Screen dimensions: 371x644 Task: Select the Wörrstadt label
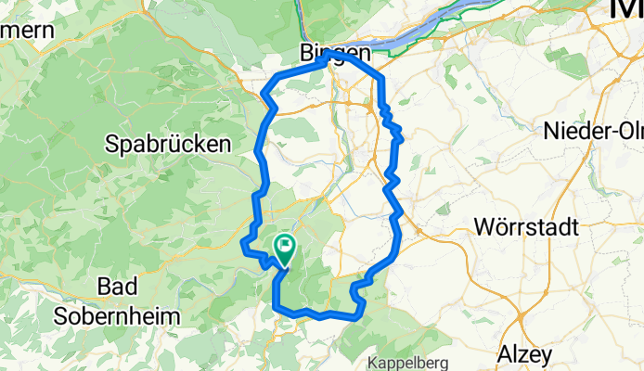[x=525, y=226]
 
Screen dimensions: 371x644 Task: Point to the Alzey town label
[x=524, y=354]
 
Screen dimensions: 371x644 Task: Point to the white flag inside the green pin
[x=284, y=246]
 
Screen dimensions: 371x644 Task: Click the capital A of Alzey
[x=504, y=354]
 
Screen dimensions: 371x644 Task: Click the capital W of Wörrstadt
[x=483, y=226]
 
